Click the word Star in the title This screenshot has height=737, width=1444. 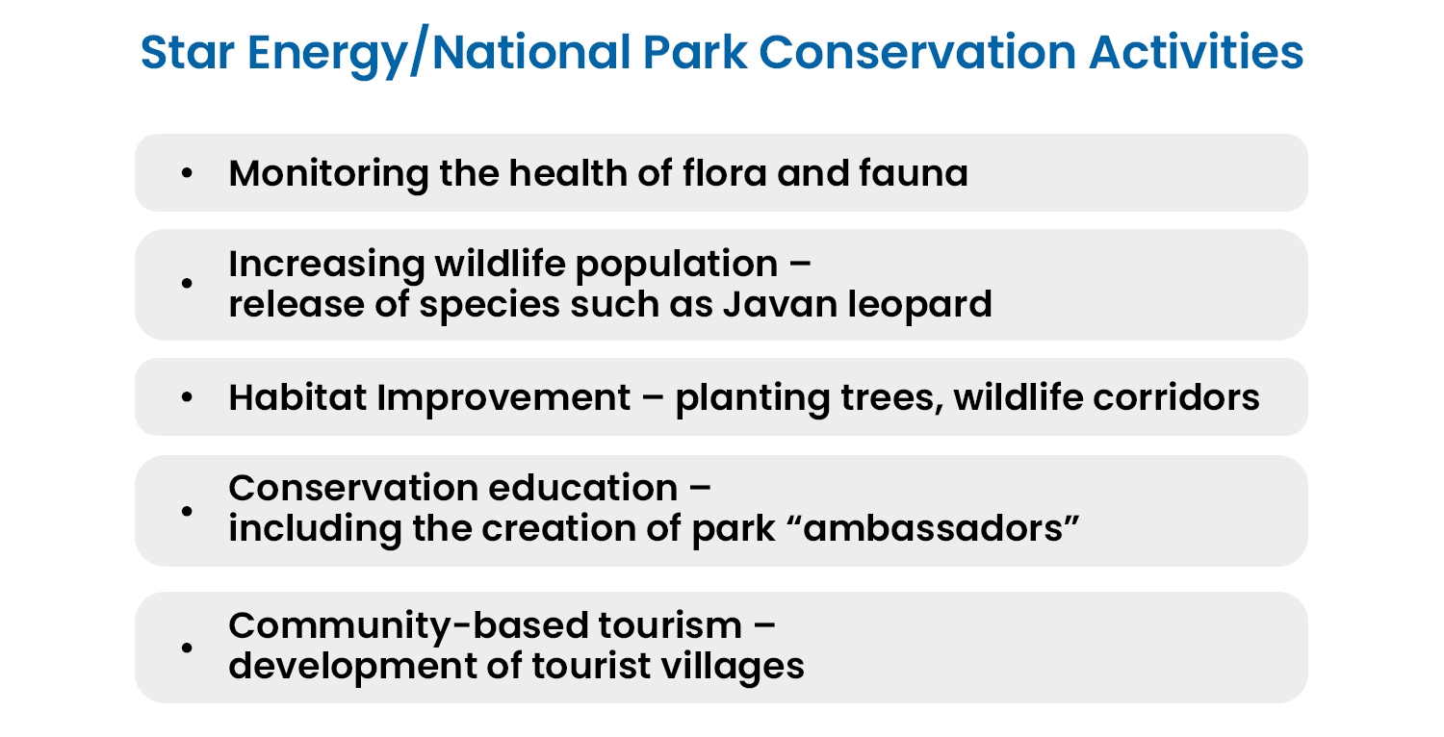pos(187,52)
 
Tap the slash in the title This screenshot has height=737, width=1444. pos(419,52)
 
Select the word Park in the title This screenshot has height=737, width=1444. pos(695,52)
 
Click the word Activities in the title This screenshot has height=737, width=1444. pos(1197,52)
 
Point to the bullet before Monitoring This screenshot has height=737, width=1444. pos(187,172)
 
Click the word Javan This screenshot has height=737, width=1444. pos(780,304)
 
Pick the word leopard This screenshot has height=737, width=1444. pos(920,305)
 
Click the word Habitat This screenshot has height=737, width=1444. pos(297,396)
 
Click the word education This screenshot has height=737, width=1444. pos(583,488)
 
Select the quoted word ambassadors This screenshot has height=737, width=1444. pos(934,528)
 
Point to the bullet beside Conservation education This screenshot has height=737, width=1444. pos(187,511)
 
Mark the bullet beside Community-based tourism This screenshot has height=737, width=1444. pos(187,648)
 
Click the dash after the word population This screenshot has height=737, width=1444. pos(800,265)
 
